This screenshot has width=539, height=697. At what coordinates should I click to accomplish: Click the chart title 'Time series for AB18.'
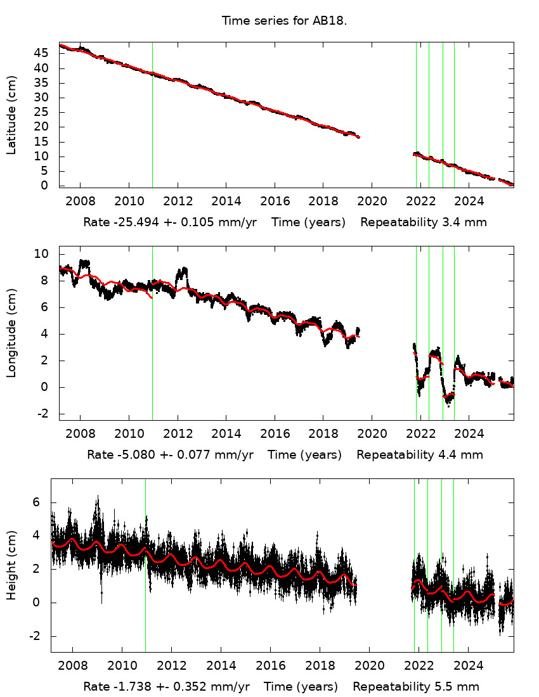(284, 21)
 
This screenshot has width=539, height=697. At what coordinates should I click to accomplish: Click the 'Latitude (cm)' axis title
(11, 115)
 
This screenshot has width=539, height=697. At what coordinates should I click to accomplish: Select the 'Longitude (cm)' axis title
(11, 333)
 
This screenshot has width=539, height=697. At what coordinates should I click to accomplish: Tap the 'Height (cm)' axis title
(11, 565)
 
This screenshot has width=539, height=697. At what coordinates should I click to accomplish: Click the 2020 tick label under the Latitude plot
(371, 201)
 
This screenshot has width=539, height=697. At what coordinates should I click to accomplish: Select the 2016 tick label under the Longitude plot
(274, 434)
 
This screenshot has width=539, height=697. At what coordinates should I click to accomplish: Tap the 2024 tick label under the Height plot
(469, 666)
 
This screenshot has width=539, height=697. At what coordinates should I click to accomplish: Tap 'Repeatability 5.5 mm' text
(416, 687)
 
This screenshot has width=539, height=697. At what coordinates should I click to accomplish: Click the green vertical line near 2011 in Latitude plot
(152, 114)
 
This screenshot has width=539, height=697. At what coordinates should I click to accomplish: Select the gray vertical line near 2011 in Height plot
(145, 570)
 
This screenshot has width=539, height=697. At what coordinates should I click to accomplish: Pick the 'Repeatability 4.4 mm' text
(420, 455)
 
